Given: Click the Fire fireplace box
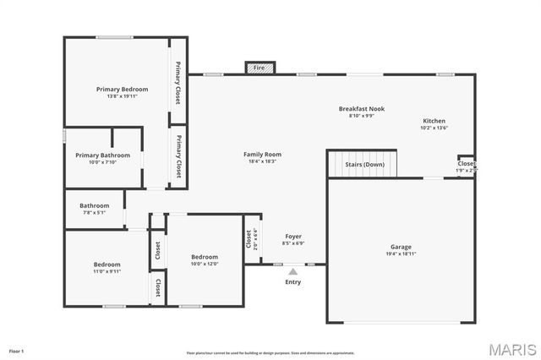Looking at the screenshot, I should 260,68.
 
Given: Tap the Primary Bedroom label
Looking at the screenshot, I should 122,89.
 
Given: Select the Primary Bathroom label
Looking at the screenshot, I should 102,155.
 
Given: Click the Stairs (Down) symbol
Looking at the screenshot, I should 362,164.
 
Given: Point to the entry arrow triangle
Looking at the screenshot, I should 292,272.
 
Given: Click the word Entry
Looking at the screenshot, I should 292,282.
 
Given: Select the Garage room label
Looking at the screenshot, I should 401,247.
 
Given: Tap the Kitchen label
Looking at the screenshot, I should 434,121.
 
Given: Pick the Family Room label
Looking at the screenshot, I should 262,155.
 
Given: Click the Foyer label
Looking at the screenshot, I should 292,237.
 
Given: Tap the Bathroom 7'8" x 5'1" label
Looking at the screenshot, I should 94,205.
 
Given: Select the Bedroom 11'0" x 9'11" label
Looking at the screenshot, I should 107,265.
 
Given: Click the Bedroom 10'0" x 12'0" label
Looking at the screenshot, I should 205,257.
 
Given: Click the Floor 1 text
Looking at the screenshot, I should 16,350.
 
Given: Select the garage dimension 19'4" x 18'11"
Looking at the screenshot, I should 401,254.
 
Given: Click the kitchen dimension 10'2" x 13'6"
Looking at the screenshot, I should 434,128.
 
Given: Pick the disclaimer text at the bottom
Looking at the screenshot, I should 270,353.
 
